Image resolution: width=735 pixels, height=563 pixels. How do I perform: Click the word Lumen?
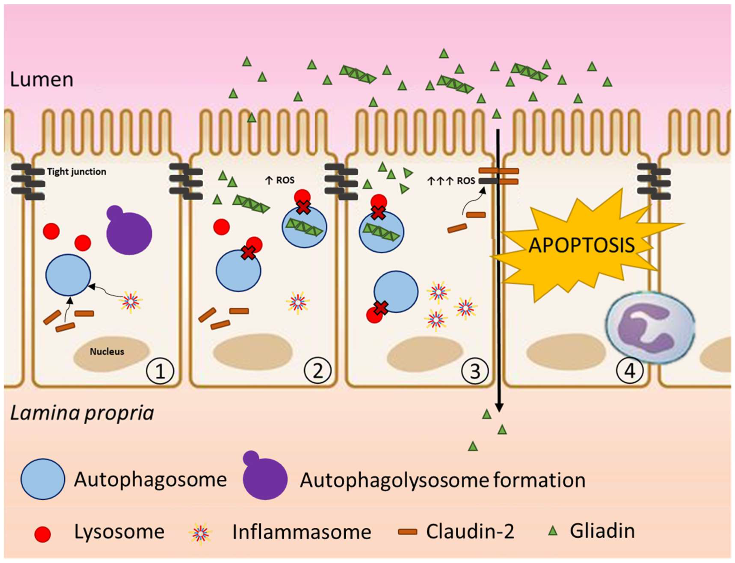[42, 80]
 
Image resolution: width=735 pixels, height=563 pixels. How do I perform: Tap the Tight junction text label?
[76, 172]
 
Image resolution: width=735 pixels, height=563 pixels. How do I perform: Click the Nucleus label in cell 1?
[107, 352]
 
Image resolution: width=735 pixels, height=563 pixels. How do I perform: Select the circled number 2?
[317, 371]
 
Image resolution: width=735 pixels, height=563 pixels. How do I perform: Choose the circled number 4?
[630, 371]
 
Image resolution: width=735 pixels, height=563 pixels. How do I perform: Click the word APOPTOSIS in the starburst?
[582, 245]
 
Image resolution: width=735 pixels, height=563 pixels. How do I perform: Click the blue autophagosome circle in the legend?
[43, 479]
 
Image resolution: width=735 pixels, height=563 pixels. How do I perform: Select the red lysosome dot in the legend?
[43, 534]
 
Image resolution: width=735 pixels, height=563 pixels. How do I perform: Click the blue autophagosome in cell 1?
[68, 275]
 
